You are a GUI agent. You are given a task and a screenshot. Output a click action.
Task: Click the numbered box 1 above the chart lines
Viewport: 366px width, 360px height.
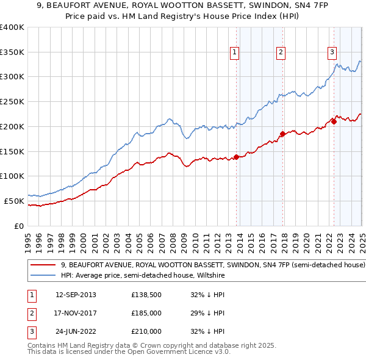coord(235,53)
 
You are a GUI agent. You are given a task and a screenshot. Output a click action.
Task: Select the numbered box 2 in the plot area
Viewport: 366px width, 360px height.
coord(281,53)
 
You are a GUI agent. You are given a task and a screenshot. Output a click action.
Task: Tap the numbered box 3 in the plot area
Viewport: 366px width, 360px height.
coord(332,52)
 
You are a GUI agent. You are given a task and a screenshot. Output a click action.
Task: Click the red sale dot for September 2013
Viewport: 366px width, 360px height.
coord(236,157)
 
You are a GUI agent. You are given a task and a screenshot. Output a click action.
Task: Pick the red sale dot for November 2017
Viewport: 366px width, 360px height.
coord(282,134)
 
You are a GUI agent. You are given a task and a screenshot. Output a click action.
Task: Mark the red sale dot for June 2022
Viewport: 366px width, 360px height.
coord(334,121)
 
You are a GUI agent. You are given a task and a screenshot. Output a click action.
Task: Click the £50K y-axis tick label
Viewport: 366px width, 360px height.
coord(14,201)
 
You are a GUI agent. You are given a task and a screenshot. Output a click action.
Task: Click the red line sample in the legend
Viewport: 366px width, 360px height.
coord(43,265)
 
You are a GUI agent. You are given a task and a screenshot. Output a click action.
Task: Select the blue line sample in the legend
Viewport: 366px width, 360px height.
coord(43,275)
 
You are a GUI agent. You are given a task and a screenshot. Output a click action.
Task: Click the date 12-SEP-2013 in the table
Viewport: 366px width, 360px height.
coord(76,295)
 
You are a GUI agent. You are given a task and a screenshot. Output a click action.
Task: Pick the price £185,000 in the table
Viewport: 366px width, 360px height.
coord(146,313)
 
